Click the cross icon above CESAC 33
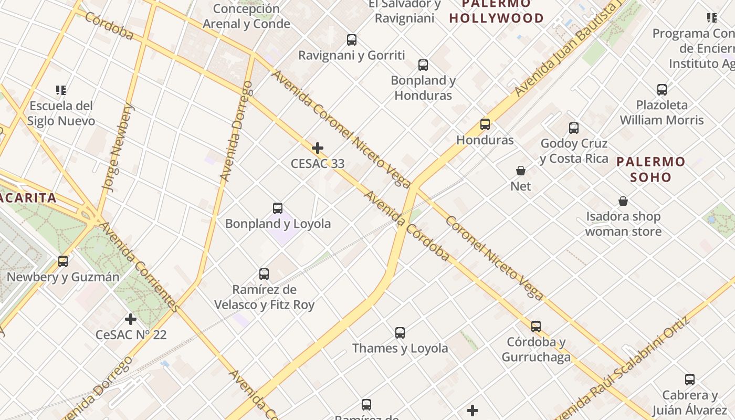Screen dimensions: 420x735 pyautogui.click(x=318, y=148)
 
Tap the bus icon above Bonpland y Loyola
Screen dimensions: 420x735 pyautogui.click(x=278, y=208)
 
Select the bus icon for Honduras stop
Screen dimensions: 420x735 pyautogui.click(x=485, y=124)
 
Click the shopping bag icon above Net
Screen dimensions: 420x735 pyautogui.click(x=521, y=171)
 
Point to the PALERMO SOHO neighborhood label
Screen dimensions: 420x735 pyautogui.click(x=651, y=169)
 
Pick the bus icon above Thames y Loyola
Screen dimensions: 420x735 pyautogui.click(x=400, y=333)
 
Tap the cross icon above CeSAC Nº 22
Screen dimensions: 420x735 pyautogui.click(x=131, y=319)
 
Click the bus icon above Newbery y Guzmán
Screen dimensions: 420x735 pyautogui.click(x=63, y=261)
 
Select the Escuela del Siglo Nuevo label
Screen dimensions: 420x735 pyautogui.click(x=61, y=113)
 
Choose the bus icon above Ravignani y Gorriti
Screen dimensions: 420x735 pyautogui.click(x=352, y=40)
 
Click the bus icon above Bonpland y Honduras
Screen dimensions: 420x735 pyautogui.click(x=423, y=65)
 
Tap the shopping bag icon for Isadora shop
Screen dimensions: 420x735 pyautogui.click(x=623, y=201)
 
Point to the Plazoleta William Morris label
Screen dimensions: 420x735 pyautogui.click(x=661, y=112)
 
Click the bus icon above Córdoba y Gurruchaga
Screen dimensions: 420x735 pyautogui.click(x=536, y=327)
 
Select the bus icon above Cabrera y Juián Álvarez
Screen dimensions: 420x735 pyautogui.click(x=690, y=380)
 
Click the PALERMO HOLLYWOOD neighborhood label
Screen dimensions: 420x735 pyautogui.click(x=497, y=12)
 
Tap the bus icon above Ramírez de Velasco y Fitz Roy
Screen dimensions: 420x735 pyautogui.click(x=264, y=274)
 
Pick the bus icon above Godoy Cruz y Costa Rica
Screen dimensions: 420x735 pyautogui.click(x=574, y=128)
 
